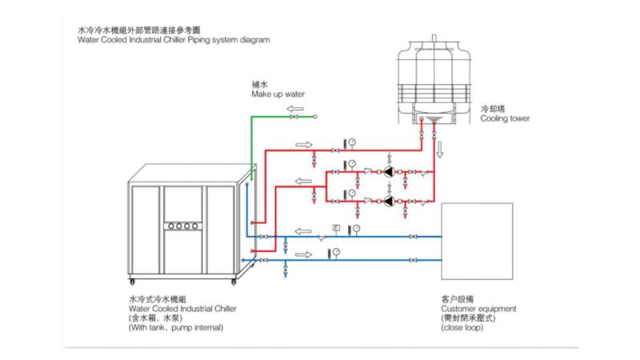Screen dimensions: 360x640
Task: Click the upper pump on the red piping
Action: click(x=388, y=171)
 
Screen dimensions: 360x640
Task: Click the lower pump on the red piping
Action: click(x=388, y=201)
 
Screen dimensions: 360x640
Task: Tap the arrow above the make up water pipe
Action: click(x=295, y=107)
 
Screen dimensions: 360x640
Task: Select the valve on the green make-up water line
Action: click(x=293, y=117)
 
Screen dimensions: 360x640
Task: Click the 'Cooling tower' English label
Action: click(x=505, y=118)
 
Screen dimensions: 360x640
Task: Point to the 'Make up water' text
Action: click(x=278, y=94)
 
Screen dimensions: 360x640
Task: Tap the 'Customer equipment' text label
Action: click(x=478, y=308)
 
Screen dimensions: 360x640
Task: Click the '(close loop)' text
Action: click(x=462, y=327)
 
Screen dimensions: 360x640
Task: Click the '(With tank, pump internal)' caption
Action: click(x=175, y=327)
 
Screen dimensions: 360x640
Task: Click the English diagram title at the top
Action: click(x=174, y=39)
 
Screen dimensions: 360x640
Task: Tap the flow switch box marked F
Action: click(x=336, y=228)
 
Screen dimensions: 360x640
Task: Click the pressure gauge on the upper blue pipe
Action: click(x=356, y=229)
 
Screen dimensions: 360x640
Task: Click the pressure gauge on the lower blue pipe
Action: click(x=337, y=253)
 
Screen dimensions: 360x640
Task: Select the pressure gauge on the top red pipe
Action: click(x=351, y=142)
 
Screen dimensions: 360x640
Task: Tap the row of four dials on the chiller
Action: click(x=182, y=226)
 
